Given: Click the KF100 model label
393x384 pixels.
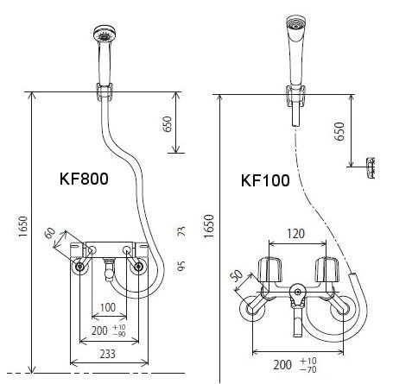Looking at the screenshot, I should coord(265,181).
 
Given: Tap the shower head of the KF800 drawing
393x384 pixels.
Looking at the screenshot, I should coord(105,37).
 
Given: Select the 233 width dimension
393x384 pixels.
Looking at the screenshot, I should coord(108,355).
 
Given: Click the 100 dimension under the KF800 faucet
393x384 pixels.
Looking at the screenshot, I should coord(108,307).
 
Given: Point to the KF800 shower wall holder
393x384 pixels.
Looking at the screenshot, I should coord(105,89).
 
